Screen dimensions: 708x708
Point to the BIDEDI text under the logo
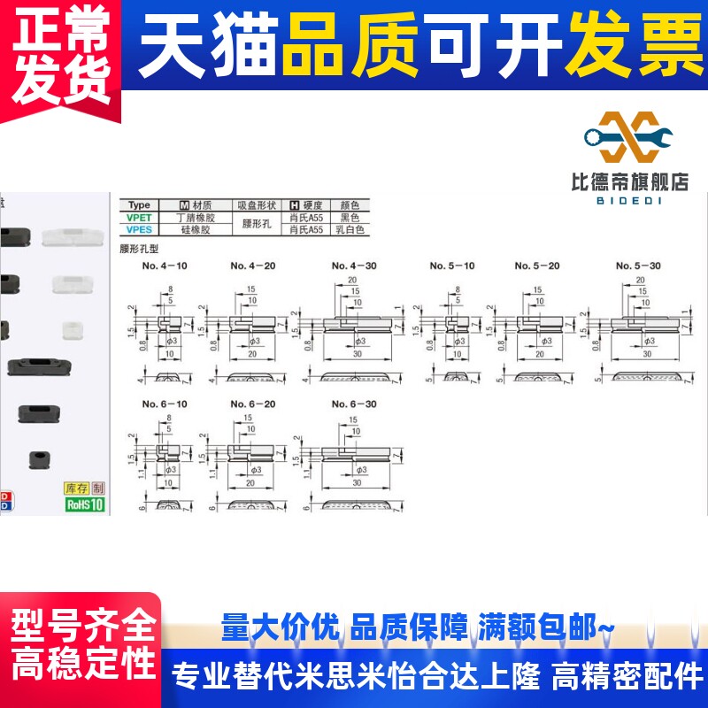pyautogui.click(x=629, y=200)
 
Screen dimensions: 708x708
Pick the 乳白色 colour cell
pyautogui.click(x=350, y=229)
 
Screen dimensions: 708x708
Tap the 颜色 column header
pyautogui.click(x=350, y=204)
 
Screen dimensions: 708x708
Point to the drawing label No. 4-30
pyautogui.click(x=354, y=265)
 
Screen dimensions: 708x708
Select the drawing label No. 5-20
pyautogui.click(x=537, y=265)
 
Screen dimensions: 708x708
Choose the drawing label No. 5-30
pyautogui.click(x=638, y=265)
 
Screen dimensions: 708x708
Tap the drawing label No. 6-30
pyautogui.click(x=354, y=404)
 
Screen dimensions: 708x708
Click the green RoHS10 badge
pyautogui.click(x=85, y=504)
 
